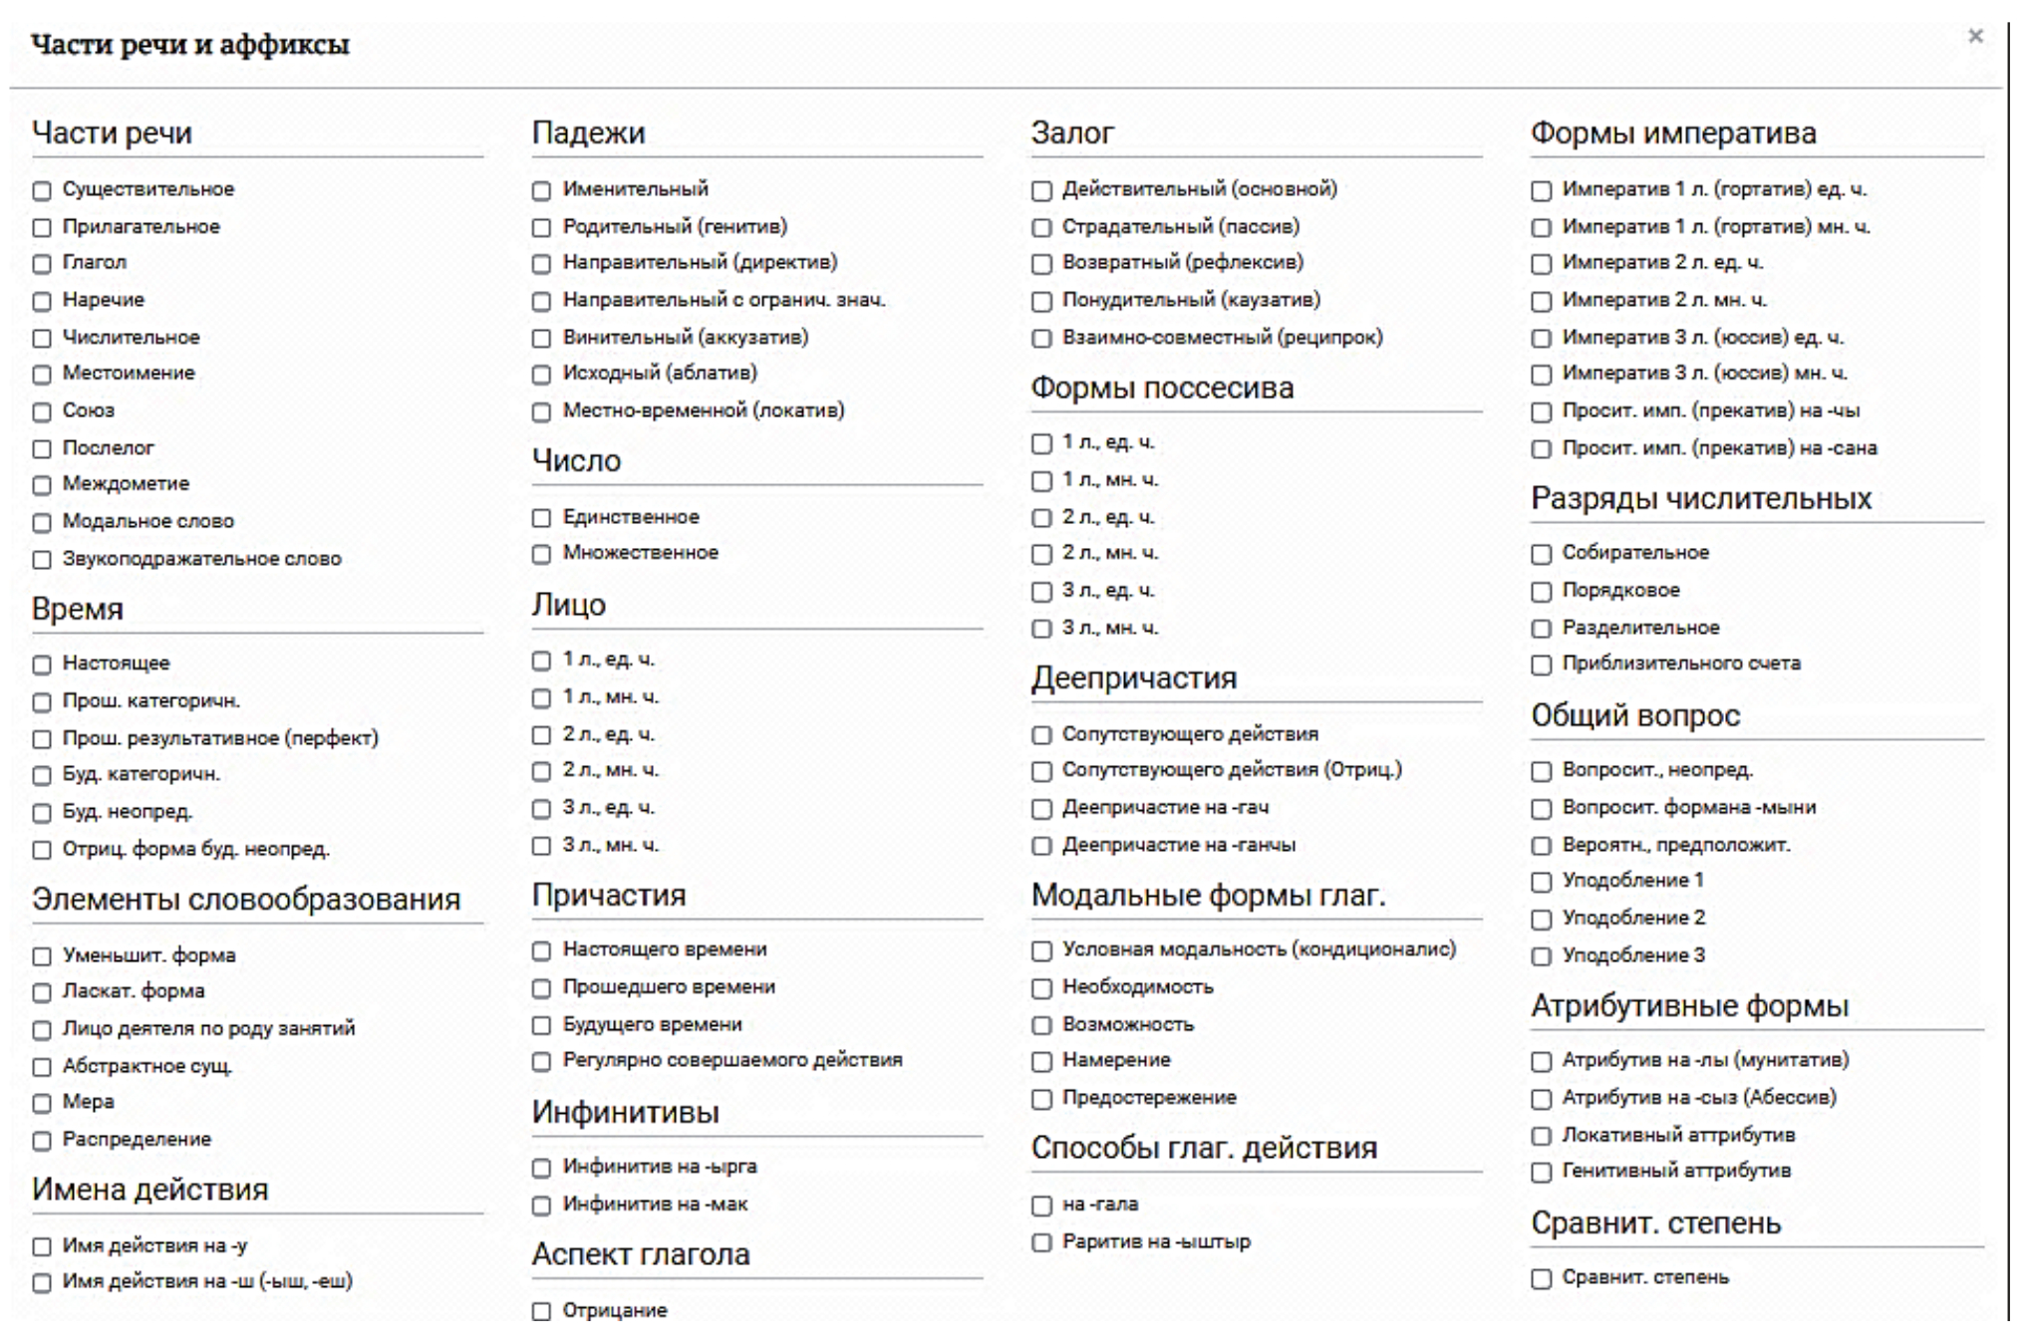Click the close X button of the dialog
coord(1975,37)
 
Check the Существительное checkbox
coord(42,190)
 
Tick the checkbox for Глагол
coord(42,264)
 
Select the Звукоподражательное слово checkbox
coord(42,560)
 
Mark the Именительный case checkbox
coord(541,190)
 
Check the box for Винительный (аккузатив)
coord(541,339)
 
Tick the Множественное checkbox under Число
coord(541,554)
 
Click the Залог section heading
coord(1072,133)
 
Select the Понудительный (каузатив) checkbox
coord(1041,301)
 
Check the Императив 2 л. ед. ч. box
coord(1542,264)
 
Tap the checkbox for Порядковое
coord(1542,592)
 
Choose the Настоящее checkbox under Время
coord(42,665)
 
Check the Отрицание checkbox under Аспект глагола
coord(541,1312)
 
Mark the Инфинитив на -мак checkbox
coord(541,1205)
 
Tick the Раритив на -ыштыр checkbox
coord(1041,1243)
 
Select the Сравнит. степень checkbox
coord(1542,1278)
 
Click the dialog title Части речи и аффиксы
coord(190,45)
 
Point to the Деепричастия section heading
coord(1134,677)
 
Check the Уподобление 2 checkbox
coord(1542,919)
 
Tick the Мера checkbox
coord(42,1103)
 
